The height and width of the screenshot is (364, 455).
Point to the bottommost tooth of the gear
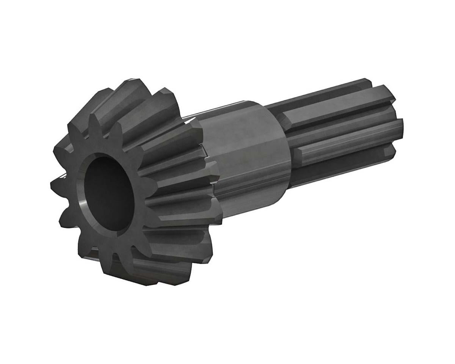[152, 275]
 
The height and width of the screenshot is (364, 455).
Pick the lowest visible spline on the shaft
[341, 167]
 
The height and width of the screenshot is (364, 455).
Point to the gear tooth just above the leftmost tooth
[63, 152]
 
